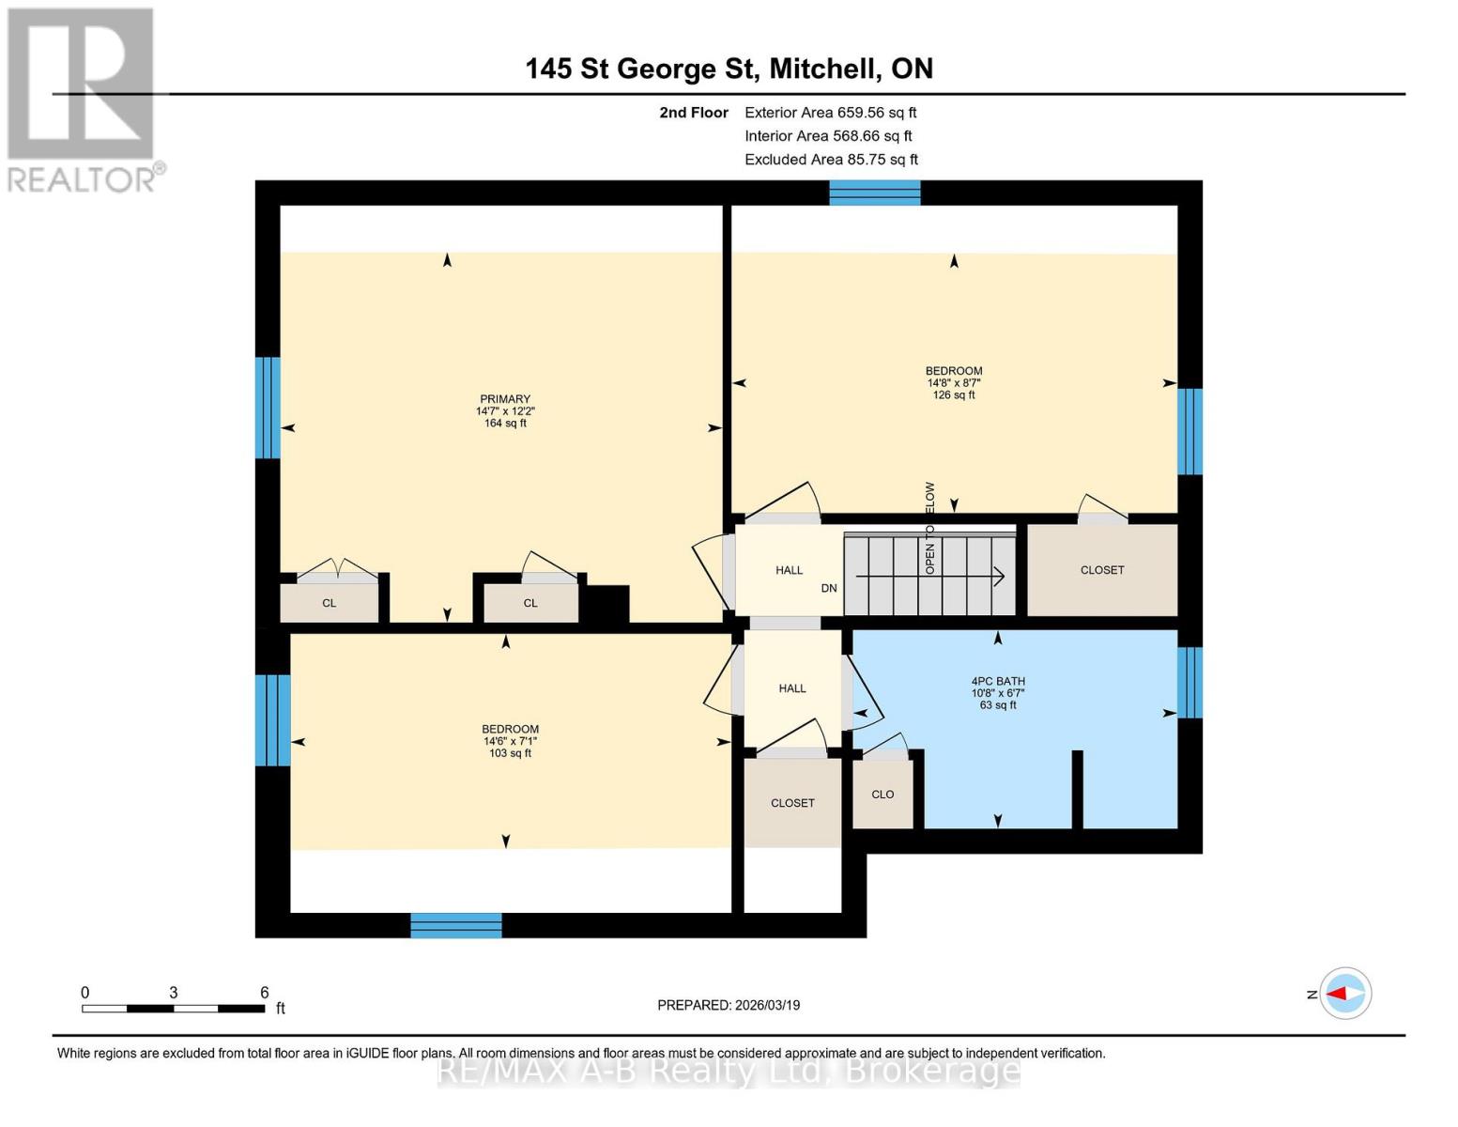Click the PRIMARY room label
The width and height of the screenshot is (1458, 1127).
(505, 399)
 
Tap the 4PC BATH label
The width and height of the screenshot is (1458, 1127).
(998, 682)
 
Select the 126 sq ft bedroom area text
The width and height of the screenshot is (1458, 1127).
(954, 395)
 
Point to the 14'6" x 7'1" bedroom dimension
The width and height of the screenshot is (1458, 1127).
(510, 741)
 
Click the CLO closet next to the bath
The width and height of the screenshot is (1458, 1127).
(882, 795)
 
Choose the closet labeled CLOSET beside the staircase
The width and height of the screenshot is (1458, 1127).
(1101, 570)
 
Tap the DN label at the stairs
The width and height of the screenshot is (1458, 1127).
(829, 589)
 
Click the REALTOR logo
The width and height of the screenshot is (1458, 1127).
(82, 100)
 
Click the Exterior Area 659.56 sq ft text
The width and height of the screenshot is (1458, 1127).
(830, 113)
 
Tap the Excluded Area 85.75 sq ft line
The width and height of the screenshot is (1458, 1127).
(831, 160)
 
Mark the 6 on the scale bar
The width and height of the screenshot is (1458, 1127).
(265, 993)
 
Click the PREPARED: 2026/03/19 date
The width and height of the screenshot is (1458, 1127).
(729, 1005)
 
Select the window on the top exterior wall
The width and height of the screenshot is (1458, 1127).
(874, 193)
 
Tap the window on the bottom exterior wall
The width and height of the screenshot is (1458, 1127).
(456, 925)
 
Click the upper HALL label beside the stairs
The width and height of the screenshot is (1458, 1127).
(789, 570)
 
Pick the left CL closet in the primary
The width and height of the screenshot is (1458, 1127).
(329, 603)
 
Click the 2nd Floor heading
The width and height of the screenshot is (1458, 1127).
(694, 113)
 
